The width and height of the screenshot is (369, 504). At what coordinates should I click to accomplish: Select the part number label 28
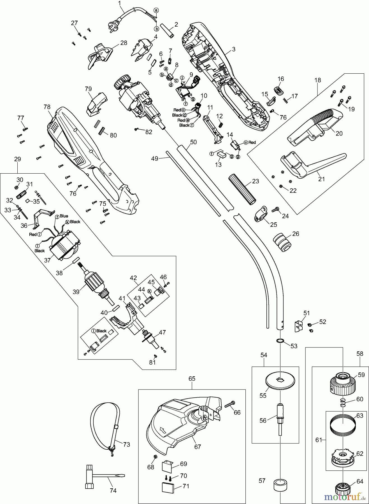tap(124, 43)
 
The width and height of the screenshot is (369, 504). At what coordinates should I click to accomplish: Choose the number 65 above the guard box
tap(192, 379)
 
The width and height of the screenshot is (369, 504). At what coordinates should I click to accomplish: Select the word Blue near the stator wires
tap(64, 216)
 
